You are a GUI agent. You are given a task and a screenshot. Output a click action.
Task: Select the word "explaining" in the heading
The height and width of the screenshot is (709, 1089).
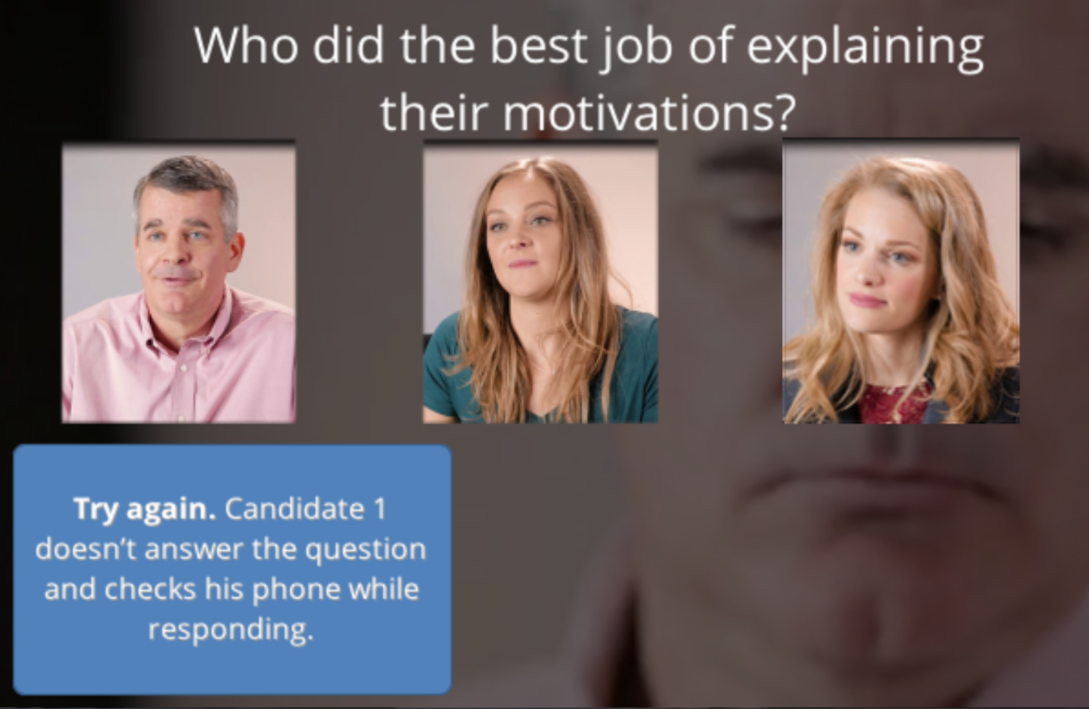865,49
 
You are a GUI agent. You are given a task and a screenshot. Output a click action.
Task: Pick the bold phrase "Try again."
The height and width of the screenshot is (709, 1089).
144,509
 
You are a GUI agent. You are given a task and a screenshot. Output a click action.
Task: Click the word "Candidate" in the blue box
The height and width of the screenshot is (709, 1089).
294,508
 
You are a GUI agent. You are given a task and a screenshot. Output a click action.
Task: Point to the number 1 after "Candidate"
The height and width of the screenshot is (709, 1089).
380,509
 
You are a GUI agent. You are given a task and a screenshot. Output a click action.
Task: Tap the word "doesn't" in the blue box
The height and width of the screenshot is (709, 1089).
86,550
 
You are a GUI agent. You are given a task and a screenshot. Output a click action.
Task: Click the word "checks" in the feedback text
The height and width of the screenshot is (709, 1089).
149,590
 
